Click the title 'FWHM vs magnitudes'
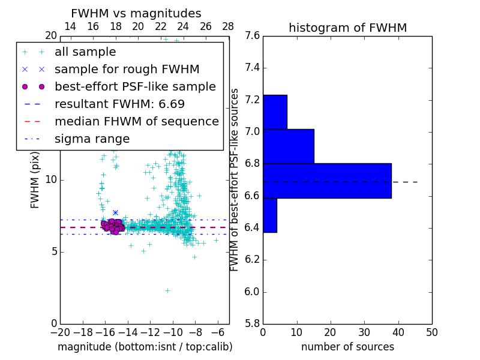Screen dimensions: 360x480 tap(136, 14)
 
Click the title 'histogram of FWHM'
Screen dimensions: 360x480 tap(347, 28)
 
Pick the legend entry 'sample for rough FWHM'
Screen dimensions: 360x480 tap(127, 70)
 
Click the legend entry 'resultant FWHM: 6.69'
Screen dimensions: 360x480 tap(119, 104)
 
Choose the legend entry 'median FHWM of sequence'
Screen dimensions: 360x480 tap(136, 122)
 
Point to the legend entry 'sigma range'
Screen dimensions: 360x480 tap(92, 139)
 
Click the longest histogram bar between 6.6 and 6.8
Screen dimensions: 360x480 tap(327, 181)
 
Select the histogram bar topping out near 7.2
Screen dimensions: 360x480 tap(275, 112)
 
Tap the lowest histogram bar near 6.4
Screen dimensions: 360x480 tap(270, 215)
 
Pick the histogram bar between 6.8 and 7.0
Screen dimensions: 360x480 tap(288, 146)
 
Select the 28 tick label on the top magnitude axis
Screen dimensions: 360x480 tap(228, 27)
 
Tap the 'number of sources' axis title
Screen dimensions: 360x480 tap(347, 347)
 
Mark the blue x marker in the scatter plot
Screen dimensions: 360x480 tap(115, 212)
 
